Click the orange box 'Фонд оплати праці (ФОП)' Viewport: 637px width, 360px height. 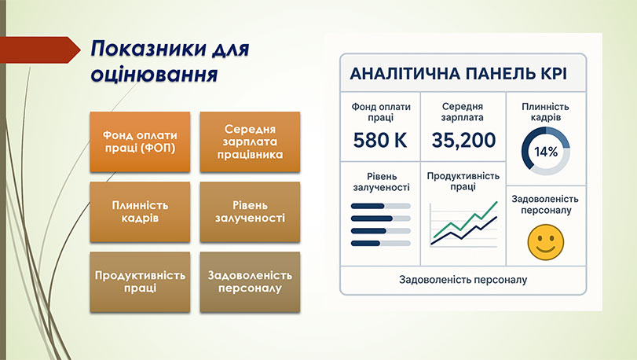click(140, 141)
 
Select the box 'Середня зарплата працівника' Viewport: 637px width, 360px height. click(250, 141)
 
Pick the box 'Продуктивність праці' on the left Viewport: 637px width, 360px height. click(140, 281)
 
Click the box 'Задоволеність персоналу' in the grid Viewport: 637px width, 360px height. click(250, 281)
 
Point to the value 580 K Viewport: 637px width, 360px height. click(380, 141)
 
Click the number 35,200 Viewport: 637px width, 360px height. click(463, 141)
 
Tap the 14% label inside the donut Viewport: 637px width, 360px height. click(545, 152)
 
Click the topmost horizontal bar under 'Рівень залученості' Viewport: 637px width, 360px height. click(380, 206)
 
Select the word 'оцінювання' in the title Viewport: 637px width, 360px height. click(154, 75)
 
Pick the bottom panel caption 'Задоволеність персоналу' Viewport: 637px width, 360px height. click(463, 279)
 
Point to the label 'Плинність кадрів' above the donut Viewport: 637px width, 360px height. click(545, 112)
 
